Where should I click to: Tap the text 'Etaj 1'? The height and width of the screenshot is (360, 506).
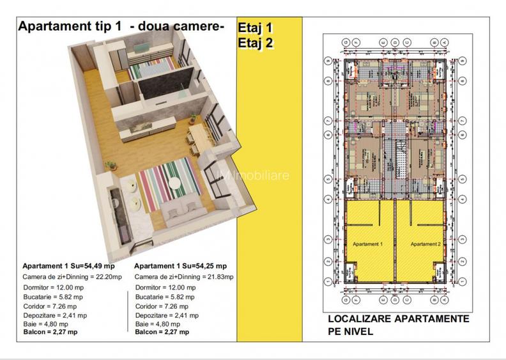point(255,29)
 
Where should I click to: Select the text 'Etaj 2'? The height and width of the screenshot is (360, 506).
point(256,43)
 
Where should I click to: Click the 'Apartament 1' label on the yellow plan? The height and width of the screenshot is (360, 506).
point(367,244)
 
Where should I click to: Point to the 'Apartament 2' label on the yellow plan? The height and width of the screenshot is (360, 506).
point(425,244)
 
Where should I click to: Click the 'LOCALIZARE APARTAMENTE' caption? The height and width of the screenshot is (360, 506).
point(399,319)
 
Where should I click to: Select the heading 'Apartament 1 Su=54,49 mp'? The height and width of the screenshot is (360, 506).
point(68,266)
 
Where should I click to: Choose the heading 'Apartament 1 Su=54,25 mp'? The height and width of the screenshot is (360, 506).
point(180,266)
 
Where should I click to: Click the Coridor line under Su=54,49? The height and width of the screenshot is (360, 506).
point(50,306)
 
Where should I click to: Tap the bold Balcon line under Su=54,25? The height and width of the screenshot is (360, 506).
point(162,333)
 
